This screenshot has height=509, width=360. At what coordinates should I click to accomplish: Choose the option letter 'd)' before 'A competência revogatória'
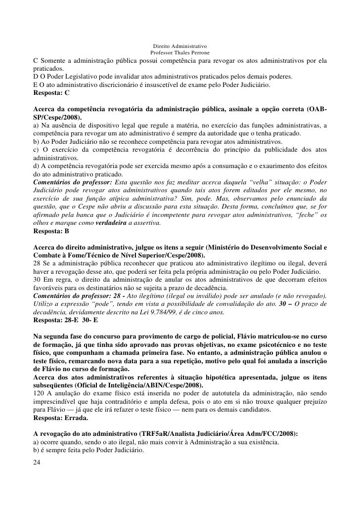point(36,167)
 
